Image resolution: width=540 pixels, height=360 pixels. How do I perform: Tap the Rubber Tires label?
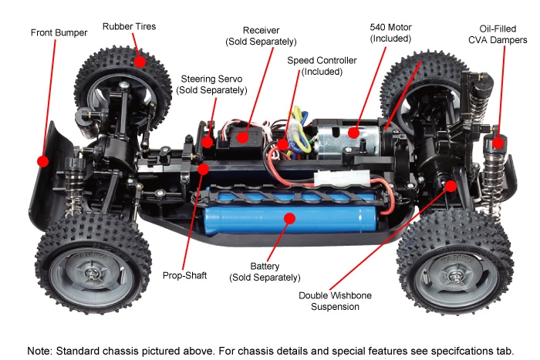click(129, 26)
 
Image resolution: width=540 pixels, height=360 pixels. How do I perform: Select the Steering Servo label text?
click(211, 84)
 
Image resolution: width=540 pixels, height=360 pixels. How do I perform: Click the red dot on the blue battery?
click(289, 218)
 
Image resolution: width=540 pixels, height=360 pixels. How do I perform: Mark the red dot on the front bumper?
click(42, 161)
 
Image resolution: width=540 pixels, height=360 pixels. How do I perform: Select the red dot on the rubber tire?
click(140, 61)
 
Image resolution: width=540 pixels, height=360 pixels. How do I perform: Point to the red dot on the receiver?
click(242, 139)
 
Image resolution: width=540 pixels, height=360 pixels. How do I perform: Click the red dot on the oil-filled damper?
click(498, 142)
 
